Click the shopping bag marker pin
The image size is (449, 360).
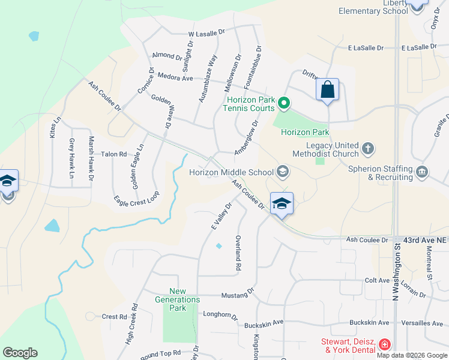point(327,90)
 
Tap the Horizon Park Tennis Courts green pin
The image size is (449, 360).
point(285,104)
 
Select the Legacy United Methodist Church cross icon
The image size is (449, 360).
point(367,147)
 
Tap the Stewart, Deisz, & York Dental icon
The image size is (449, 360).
point(384,345)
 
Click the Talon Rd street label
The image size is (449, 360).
point(114,154)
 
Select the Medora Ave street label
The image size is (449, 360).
point(174,77)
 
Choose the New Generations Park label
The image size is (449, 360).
point(177,299)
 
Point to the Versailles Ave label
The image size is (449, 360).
point(424,323)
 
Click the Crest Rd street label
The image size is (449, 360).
point(114,317)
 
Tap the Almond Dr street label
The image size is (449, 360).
point(167,56)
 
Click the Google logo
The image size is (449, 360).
point(20,353)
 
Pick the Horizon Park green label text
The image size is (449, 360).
point(305,132)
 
